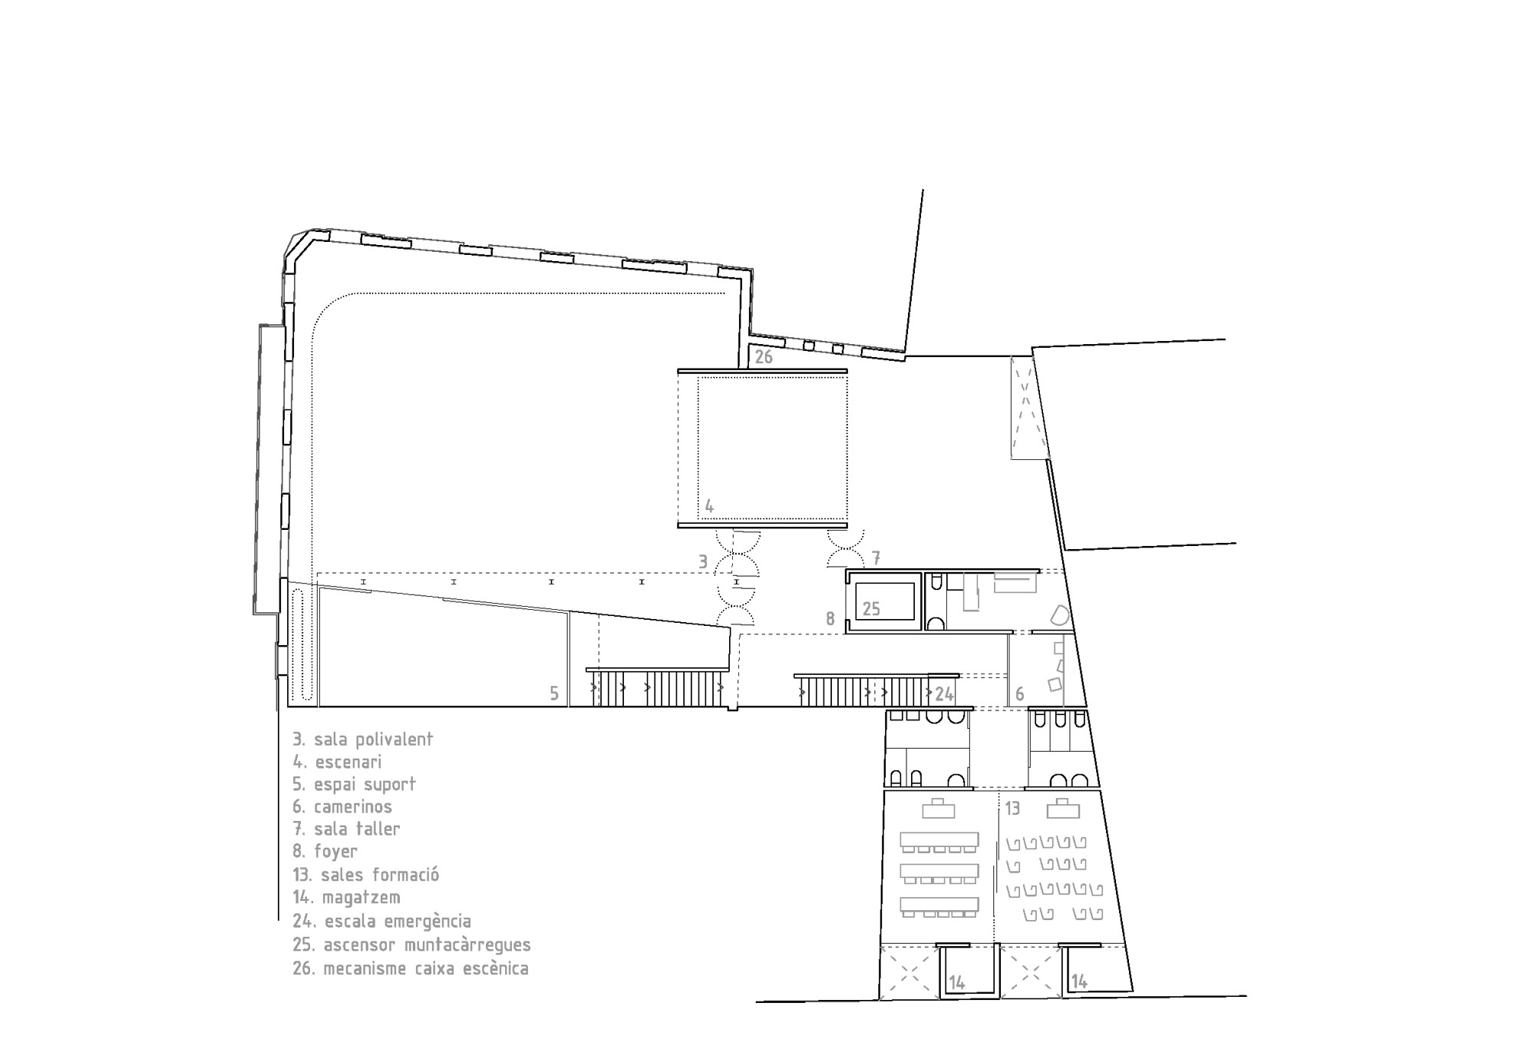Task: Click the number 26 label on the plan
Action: (x=764, y=357)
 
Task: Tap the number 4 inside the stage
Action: (x=709, y=507)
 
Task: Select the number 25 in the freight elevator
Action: (x=871, y=609)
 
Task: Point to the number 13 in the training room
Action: (x=1012, y=809)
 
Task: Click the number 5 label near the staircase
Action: (x=554, y=694)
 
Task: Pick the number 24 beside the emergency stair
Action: (x=944, y=694)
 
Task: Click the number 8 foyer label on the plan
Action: (x=830, y=618)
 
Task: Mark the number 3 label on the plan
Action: (x=703, y=562)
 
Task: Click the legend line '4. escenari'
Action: (x=337, y=762)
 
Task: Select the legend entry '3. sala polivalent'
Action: (x=363, y=740)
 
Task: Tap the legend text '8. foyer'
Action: (x=325, y=852)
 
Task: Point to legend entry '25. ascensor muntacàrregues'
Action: (x=411, y=945)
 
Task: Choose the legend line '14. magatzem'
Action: (x=346, y=897)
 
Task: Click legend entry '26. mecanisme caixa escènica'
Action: (x=411, y=968)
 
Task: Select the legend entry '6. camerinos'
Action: (x=342, y=807)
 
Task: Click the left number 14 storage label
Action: (x=956, y=982)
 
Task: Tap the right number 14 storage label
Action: (x=1079, y=981)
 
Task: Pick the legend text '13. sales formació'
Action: (x=365, y=875)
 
